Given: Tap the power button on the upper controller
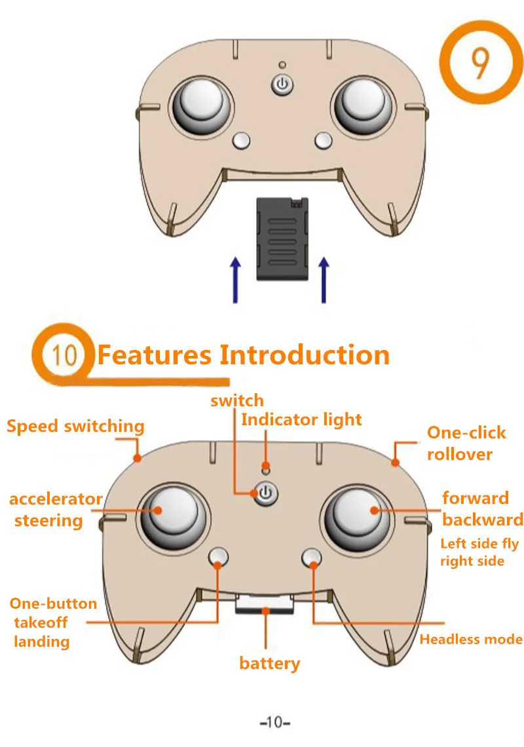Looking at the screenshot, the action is pyautogui.click(x=282, y=85).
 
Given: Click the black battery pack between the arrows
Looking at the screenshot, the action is pyautogui.click(x=282, y=239).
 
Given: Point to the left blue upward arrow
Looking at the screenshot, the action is pyautogui.click(x=235, y=280).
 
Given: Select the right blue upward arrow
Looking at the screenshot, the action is pyautogui.click(x=324, y=280).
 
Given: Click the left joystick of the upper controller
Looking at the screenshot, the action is pyautogui.click(x=200, y=105).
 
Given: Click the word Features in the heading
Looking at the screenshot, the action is pyautogui.click(x=155, y=355).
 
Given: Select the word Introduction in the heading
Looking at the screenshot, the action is pyautogui.click(x=305, y=355).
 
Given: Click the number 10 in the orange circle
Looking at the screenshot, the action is pyautogui.click(x=64, y=355).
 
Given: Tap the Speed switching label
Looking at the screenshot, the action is pyautogui.click(x=75, y=426).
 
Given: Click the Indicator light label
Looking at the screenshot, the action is pyautogui.click(x=301, y=420).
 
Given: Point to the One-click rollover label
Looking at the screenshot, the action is pyautogui.click(x=466, y=443).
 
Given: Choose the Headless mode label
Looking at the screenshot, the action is pyautogui.click(x=471, y=640).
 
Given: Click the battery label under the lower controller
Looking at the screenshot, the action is pyautogui.click(x=270, y=664).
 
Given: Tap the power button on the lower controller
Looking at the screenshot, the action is pyautogui.click(x=266, y=493).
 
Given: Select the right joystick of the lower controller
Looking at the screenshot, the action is pyautogui.click(x=357, y=517).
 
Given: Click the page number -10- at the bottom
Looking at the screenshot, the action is pyautogui.click(x=275, y=722).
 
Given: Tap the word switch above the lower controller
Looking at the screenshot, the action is pyautogui.click(x=237, y=400).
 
